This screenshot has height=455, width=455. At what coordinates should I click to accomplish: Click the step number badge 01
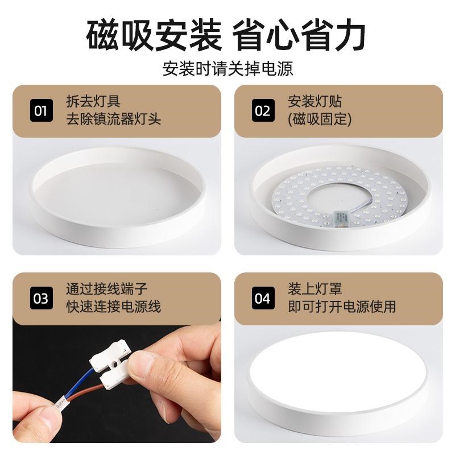point(40,110)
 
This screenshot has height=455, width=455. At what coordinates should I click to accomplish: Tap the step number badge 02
point(262,110)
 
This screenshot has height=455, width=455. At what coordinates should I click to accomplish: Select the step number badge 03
point(40,298)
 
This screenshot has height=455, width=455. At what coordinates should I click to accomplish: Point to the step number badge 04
point(262,298)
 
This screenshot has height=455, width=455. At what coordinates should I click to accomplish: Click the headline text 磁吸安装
point(154,35)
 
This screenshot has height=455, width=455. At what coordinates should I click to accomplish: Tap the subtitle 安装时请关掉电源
point(227,69)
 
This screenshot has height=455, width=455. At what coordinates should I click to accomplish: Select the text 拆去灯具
point(93,102)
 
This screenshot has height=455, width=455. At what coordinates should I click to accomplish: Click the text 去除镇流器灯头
point(114,119)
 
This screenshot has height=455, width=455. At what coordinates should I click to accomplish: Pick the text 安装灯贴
point(315,102)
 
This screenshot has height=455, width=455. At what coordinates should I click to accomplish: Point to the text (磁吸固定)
point(320,119)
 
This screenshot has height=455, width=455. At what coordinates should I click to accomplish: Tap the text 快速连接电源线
point(114,307)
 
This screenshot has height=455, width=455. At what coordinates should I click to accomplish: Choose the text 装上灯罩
point(315,289)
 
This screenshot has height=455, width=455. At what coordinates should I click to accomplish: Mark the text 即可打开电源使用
point(342,307)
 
